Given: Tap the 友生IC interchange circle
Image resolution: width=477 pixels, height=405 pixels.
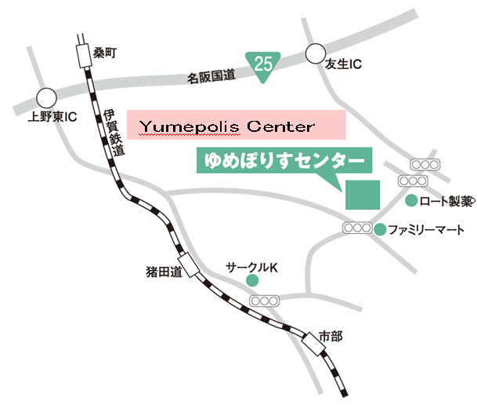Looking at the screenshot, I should tap(315, 53).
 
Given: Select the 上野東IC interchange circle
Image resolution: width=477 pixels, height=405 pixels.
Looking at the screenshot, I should tap(46, 97).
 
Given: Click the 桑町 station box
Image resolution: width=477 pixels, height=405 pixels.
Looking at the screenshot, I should tap(82, 56).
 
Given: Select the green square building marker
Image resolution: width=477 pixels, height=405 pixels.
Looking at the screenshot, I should tap(363, 194).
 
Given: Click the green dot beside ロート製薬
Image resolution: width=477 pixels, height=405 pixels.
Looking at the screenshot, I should tap(410, 202).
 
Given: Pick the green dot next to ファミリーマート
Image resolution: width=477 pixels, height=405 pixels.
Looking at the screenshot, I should tap(380, 230).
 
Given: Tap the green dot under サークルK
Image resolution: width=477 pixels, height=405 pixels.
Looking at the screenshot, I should tap(252, 280).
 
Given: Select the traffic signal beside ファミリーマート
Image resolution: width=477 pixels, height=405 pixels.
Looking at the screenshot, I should tap(357, 228).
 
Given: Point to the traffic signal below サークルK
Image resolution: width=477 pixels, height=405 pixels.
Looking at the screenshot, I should tap(265, 301).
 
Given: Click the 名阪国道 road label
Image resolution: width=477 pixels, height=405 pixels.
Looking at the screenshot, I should tap(211, 76).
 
